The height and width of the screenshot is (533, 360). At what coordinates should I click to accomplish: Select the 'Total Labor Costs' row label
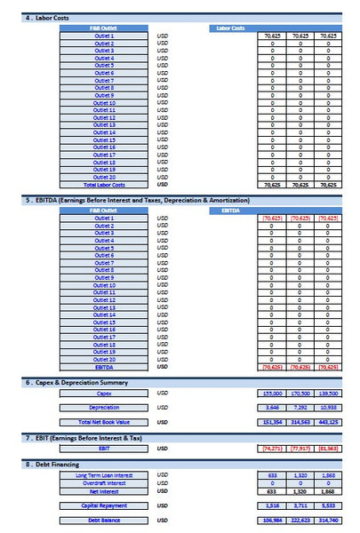pos(104,185)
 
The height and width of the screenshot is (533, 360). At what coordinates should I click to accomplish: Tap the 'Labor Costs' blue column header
pos(230,28)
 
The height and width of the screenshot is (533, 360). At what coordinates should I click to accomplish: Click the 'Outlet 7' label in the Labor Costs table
pos(104,80)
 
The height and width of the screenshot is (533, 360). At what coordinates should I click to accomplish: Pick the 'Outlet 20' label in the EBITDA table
pos(104,359)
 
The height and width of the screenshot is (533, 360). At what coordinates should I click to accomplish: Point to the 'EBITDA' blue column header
pos(230,211)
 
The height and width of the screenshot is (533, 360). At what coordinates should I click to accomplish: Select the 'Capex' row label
pos(104,393)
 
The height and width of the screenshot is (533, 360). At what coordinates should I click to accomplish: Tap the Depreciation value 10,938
pos(328,407)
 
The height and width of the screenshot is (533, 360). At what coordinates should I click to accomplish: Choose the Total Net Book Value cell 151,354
pos(271,422)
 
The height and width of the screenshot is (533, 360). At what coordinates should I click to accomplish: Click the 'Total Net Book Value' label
pos(104,422)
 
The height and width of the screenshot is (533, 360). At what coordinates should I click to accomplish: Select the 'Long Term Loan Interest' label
pos(104,475)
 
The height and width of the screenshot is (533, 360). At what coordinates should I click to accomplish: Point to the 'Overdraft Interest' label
pos(104,483)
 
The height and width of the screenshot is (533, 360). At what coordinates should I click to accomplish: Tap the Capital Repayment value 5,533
pos(328,505)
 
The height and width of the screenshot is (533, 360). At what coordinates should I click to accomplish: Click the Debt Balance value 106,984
pos(271,521)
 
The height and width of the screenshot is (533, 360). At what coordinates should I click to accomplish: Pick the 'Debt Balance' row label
pos(104,521)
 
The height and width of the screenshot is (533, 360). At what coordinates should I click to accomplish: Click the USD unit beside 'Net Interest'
pos(162,490)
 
